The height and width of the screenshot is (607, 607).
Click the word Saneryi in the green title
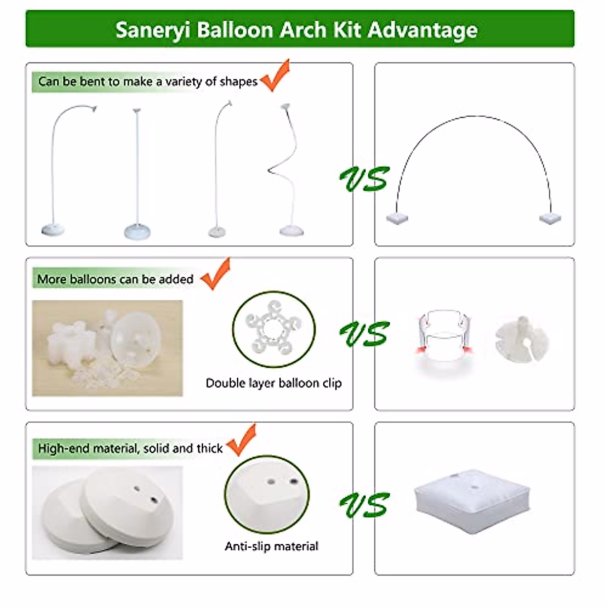point(153,30)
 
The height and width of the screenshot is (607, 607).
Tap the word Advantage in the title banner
point(422,30)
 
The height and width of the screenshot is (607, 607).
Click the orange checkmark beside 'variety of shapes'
point(275,76)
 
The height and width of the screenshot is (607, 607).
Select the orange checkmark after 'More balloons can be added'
point(216,275)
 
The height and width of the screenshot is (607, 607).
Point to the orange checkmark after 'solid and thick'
point(242,441)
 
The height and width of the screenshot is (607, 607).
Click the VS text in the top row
point(364,179)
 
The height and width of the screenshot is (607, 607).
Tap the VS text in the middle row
point(364,334)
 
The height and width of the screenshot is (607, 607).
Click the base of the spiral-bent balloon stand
point(292,231)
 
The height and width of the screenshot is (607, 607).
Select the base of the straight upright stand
point(137,232)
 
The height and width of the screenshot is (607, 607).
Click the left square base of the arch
point(396,219)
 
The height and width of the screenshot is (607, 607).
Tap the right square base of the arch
point(550,219)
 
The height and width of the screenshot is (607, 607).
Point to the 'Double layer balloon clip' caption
point(274,383)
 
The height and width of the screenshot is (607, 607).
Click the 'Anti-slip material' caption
point(272,546)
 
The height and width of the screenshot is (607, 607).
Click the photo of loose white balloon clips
point(107,348)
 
